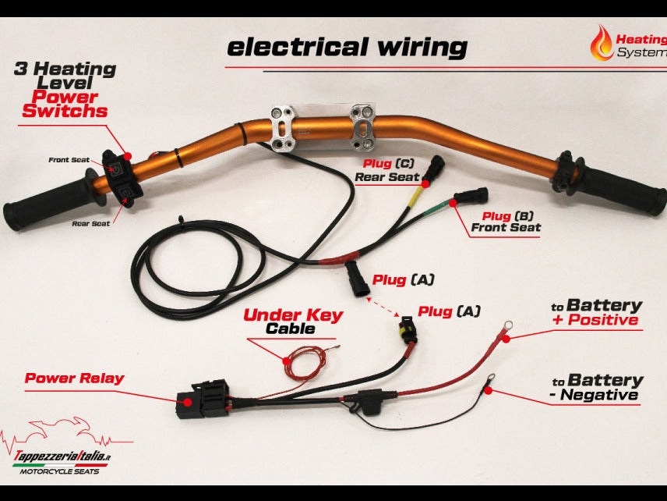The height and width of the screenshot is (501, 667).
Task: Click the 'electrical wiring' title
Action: tap(347, 47)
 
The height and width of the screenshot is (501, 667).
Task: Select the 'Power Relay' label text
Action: tap(74, 378)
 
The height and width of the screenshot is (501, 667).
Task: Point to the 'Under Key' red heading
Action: tap(293, 315)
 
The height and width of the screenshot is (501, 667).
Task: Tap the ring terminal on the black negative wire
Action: tap(490, 382)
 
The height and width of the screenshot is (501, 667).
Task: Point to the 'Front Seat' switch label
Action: tap(69, 160)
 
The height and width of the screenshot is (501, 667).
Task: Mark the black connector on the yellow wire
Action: tap(435, 166)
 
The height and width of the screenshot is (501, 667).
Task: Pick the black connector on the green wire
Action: tap(470, 197)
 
